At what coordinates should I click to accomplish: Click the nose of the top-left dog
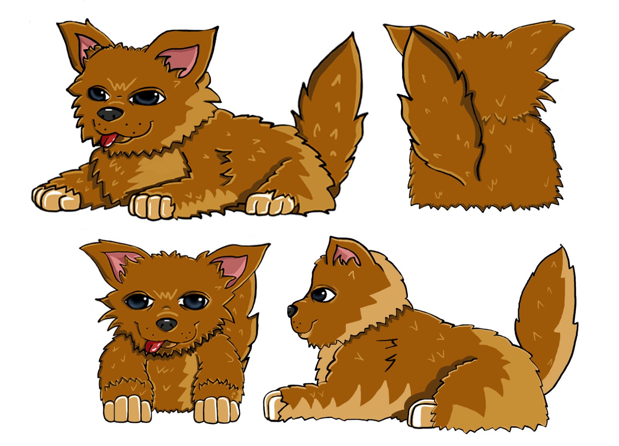110,114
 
